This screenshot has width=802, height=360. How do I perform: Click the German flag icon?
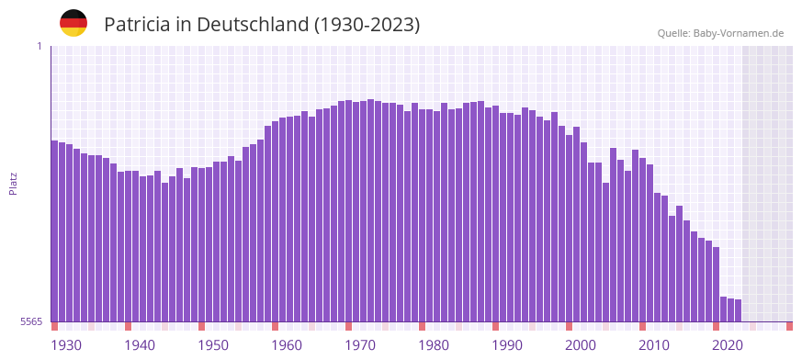coord(73,23)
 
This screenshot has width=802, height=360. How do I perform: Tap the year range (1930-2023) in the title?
coord(367,25)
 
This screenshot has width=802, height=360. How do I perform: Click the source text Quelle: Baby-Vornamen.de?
coord(720,34)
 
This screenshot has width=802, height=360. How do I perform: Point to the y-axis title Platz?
coord(13,184)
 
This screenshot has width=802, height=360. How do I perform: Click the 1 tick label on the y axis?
coord(39,46)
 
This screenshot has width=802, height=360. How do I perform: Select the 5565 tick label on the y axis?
coord(30,321)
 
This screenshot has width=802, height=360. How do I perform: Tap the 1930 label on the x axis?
coord(66,345)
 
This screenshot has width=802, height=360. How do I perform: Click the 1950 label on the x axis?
coord(213,345)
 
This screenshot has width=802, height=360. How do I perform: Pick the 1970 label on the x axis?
coord(360,345)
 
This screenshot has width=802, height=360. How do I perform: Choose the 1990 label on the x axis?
coord(507,345)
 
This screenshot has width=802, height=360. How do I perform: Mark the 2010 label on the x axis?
coord(654,345)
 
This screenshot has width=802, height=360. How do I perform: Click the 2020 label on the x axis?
coord(728,345)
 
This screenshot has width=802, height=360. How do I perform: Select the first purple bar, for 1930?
coord(55,230)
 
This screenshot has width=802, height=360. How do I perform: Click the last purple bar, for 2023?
coord(738,310)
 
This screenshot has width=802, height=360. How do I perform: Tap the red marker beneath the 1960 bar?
coord(275,326)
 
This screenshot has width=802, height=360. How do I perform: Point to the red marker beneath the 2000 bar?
coord(569,326)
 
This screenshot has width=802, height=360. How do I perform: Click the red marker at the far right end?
coord(789,326)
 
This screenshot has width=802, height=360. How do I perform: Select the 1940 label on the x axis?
coord(140,345)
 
